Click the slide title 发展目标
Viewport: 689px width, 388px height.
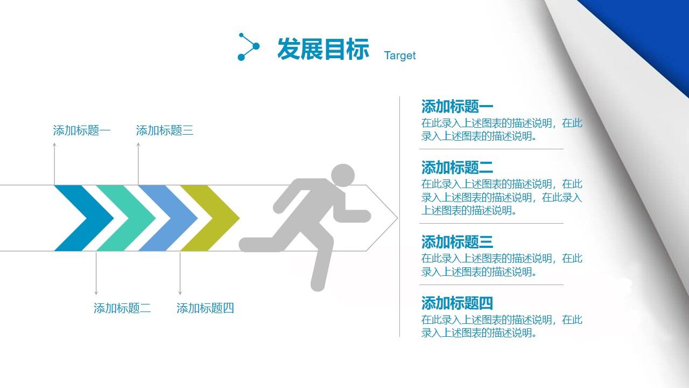coord(323,49)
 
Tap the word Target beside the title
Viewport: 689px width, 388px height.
coord(399,56)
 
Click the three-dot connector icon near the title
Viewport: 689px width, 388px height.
coord(248,47)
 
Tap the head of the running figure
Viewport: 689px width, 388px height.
coord(342,176)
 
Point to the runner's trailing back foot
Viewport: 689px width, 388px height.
coord(253,245)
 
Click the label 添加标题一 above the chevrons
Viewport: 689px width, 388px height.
coord(82,130)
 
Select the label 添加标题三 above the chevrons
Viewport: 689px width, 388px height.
coord(165,130)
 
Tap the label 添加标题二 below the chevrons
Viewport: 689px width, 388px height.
coord(122,308)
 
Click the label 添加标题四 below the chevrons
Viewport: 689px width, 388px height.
coord(205,308)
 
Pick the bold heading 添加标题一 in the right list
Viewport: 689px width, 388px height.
coord(457,106)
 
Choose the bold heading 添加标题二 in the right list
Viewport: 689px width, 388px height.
coord(457,167)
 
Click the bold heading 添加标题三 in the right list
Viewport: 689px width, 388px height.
coord(457,241)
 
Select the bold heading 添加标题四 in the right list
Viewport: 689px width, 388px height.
coord(457,303)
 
